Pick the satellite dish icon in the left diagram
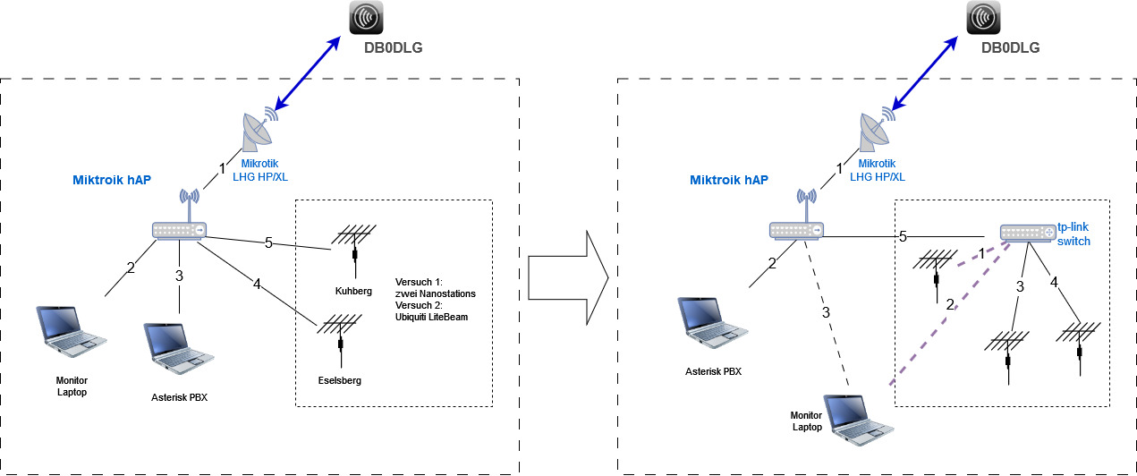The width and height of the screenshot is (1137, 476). click(258, 132)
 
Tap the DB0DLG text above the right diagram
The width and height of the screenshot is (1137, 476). click(1010, 47)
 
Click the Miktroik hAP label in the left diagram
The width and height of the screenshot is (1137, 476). click(112, 180)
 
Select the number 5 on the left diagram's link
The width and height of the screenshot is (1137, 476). click(267, 242)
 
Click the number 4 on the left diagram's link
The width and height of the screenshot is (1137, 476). click(256, 285)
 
